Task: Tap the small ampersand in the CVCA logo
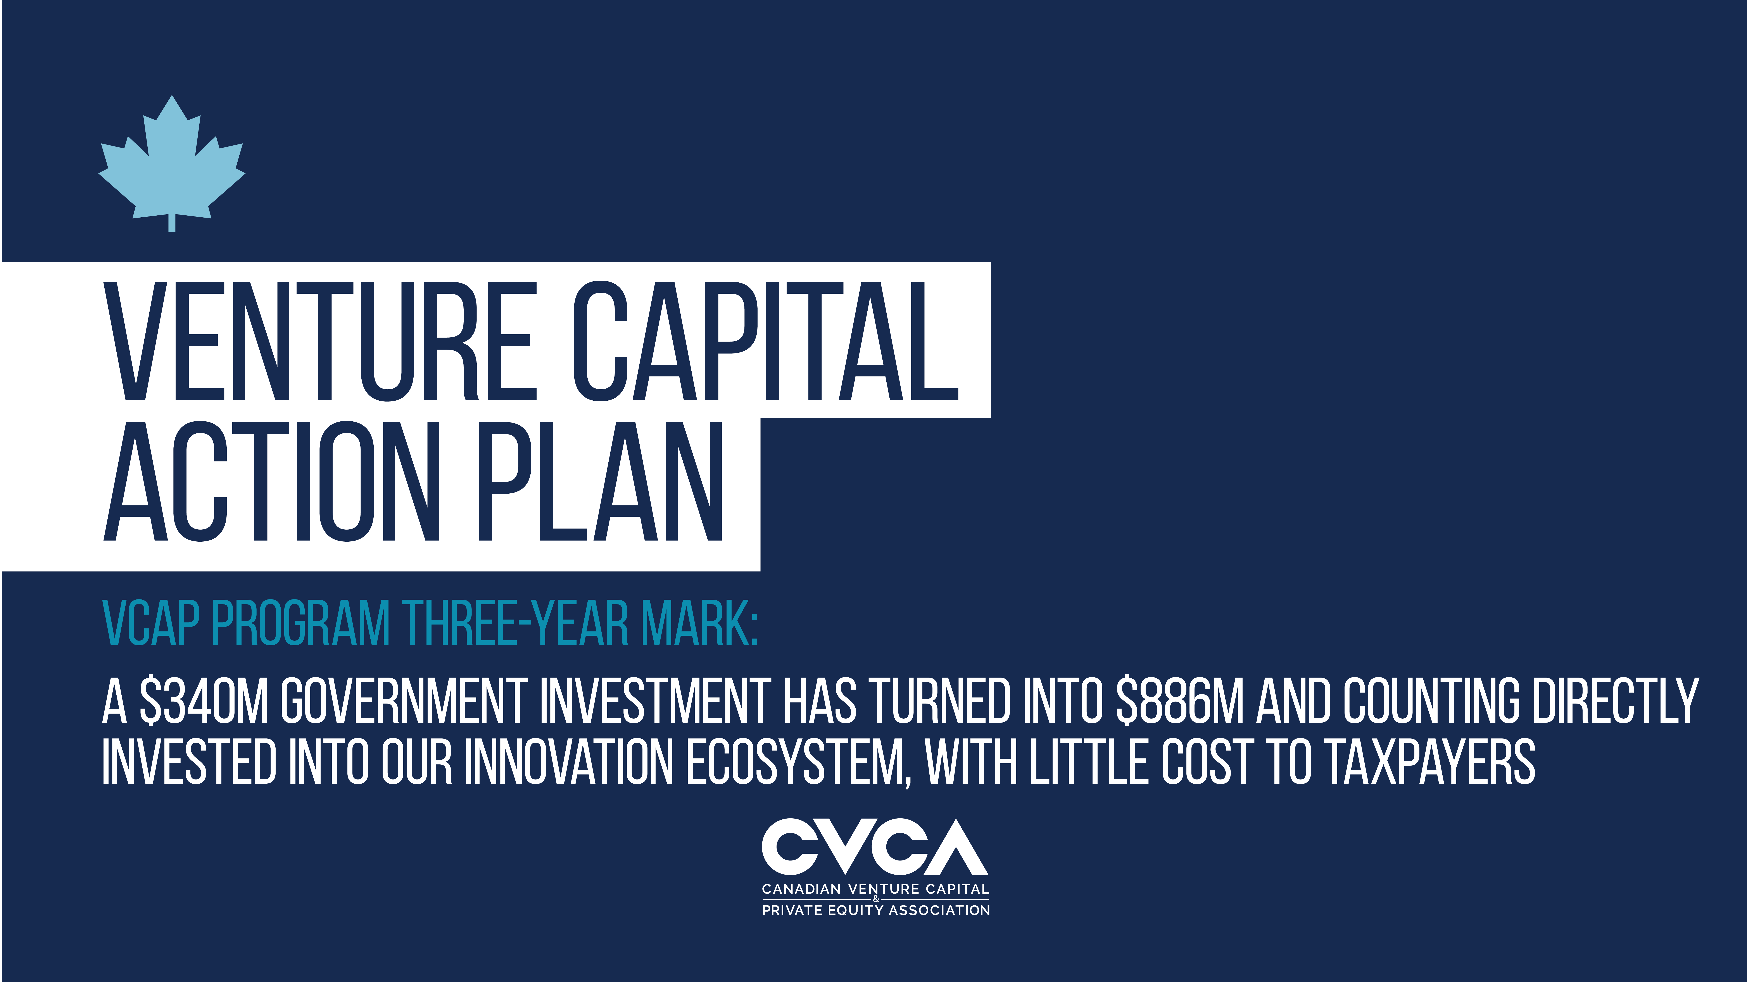pos(875,899)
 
